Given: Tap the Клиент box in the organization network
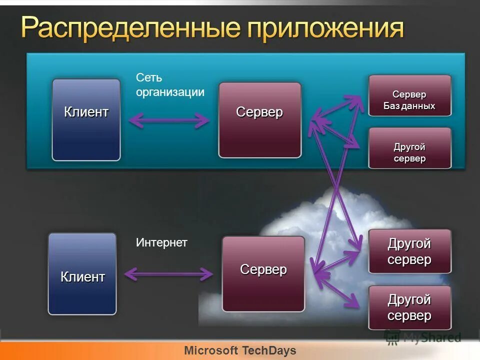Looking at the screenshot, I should [x=86, y=119].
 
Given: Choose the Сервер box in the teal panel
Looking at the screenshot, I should [x=259, y=120].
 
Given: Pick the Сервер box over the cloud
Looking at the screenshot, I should [x=263, y=273].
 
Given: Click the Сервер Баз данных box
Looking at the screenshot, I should [x=409, y=95].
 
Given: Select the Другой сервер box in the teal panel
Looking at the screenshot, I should [x=409, y=148].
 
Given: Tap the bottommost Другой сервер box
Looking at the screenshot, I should [x=409, y=307].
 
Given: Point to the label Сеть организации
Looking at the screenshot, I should [x=170, y=84].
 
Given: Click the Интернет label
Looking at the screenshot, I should [x=161, y=243].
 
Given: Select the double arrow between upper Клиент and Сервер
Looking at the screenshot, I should [x=169, y=120].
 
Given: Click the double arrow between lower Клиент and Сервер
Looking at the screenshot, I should [x=169, y=273].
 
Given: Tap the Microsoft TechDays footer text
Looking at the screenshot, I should [x=240, y=350].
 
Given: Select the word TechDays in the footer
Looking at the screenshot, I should [x=269, y=350].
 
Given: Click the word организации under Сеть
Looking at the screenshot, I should [x=170, y=92].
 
